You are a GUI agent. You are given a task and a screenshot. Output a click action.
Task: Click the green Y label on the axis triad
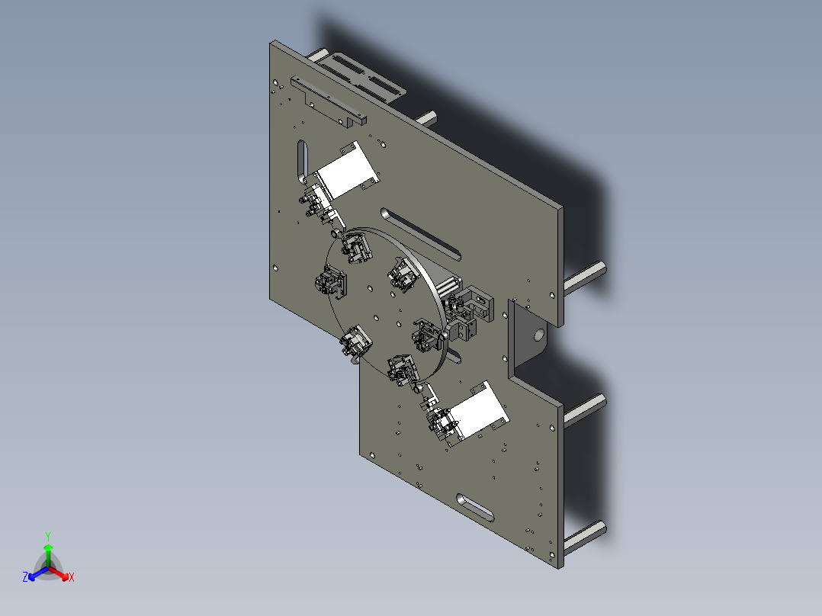point(48,536)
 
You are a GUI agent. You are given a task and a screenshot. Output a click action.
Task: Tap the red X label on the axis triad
point(72,578)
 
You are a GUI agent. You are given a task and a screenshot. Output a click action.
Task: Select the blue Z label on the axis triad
point(25,578)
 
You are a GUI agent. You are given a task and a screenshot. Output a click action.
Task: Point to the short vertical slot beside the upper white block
point(303,160)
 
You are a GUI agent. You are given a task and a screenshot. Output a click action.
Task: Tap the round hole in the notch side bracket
point(538,334)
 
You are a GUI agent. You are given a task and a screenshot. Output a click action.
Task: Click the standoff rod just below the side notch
point(586,408)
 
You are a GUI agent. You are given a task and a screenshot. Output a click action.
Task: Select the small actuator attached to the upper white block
point(314,203)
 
